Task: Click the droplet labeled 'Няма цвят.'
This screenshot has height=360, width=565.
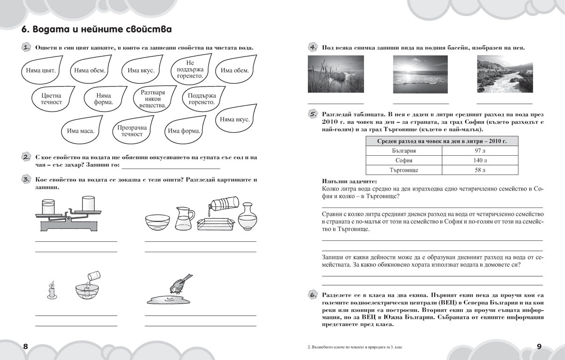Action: point(39,71)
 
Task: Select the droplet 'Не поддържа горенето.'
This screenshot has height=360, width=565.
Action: point(190,69)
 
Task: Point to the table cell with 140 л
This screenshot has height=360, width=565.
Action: point(480,160)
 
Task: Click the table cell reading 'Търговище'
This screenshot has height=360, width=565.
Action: point(404,170)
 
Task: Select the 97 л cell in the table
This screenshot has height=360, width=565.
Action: point(480,151)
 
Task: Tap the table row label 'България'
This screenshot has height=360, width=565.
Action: point(404,151)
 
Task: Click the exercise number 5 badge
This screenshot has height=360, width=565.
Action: point(313,114)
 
